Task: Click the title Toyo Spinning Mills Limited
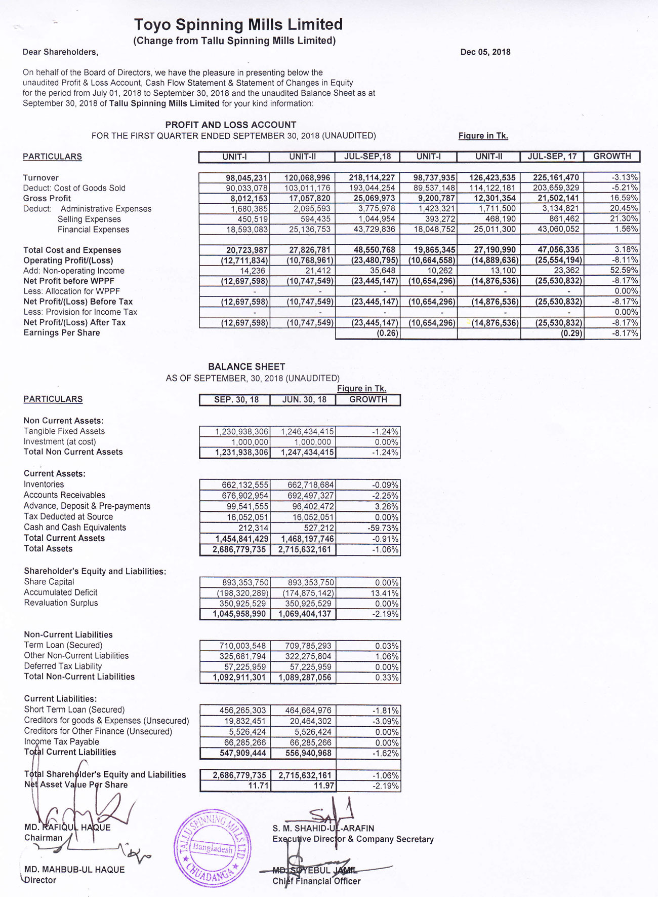[x=238, y=24]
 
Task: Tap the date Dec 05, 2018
[x=485, y=52]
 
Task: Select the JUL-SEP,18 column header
[x=367, y=157]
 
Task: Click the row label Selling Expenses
[x=89, y=219]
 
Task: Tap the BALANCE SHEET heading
[x=246, y=366]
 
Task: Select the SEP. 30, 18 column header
[x=236, y=400]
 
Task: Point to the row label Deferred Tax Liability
[x=63, y=666]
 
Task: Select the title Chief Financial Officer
[x=316, y=881]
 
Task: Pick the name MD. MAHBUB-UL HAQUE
[x=74, y=870]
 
